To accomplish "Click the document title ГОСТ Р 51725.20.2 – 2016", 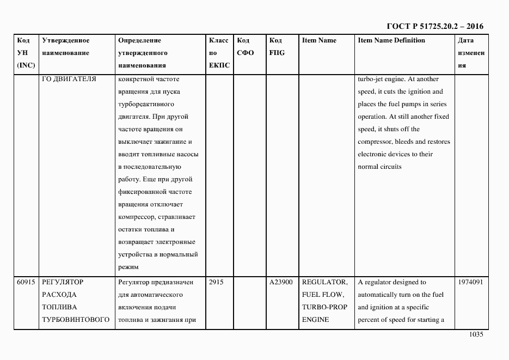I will (434, 26).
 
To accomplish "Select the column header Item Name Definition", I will (391, 41).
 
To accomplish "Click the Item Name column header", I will (319, 41).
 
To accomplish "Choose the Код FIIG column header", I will (277, 47).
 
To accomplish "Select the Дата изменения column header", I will (471, 53).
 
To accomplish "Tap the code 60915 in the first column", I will (26, 283).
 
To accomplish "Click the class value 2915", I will (216, 283).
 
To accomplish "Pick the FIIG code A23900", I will (281, 283).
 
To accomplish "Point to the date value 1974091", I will (471, 283).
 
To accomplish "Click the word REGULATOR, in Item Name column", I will (324, 283).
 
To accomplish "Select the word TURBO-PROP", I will (324, 308).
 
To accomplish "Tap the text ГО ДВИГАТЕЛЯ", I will (69, 79).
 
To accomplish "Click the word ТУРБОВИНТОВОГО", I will (76, 320).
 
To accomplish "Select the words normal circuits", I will (379, 167).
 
